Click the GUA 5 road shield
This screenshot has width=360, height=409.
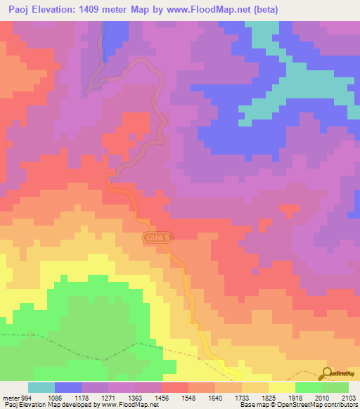coord(157,238)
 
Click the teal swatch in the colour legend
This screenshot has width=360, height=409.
coord(41,387)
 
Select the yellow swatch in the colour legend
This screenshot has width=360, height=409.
coord(282,387)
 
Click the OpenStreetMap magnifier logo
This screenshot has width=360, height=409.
coord(326,374)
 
